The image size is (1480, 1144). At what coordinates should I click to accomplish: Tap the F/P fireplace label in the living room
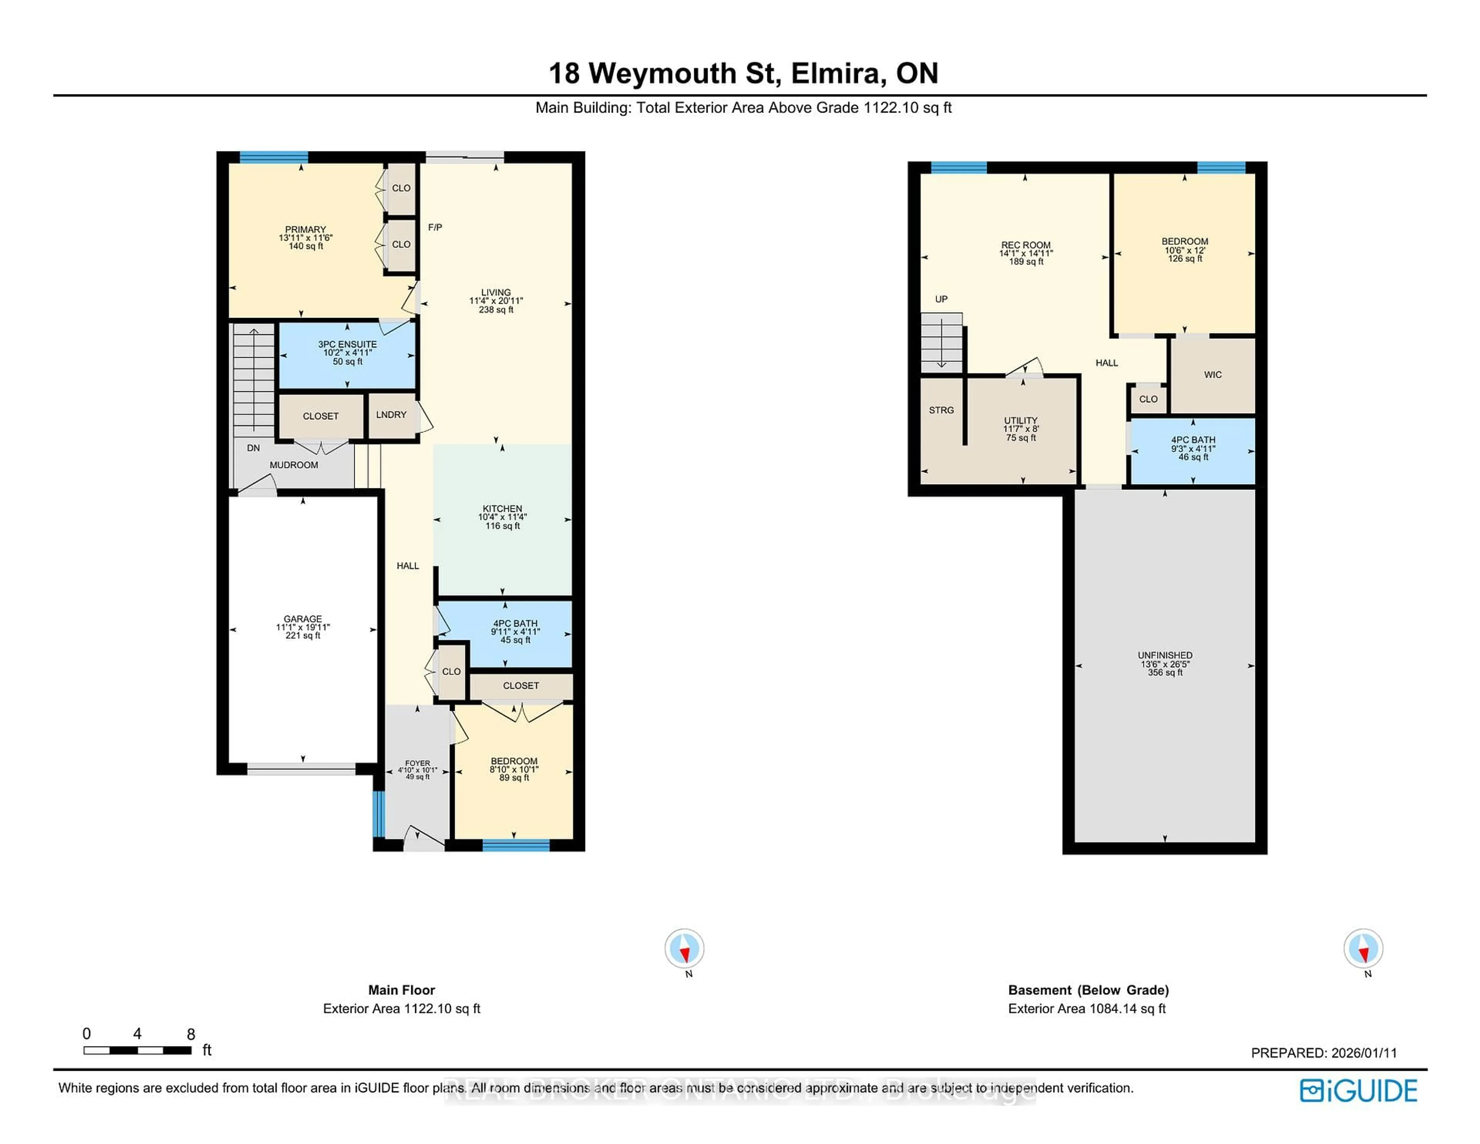[x=435, y=227]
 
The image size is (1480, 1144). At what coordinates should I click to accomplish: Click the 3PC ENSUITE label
[x=347, y=344]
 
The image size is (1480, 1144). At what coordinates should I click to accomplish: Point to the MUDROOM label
[x=293, y=465]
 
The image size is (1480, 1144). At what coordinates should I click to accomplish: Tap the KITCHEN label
[x=502, y=508]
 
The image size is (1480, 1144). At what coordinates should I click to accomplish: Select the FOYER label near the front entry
[x=417, y=763]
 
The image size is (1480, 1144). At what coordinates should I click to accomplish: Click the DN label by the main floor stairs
[x=253, y=448]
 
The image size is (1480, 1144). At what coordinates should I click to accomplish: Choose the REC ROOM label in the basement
[x=1026, y=246]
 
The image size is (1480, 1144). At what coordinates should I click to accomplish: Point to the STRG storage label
[x=941, y=410]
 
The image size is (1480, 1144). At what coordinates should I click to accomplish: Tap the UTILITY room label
[x=1021, y=420]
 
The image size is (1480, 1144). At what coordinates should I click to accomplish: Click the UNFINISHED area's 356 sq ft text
[x=1165, y=672]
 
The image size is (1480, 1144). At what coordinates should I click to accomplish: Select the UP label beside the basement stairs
[x=941, y=299]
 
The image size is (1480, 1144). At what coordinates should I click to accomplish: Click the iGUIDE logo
[x=1358, y=1090]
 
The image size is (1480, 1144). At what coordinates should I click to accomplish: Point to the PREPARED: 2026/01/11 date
[x=1324, y=1053]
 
